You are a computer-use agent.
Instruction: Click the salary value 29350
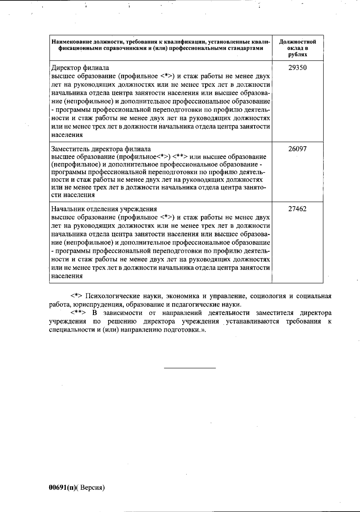[297, 68]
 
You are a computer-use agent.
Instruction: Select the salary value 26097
[297, 149]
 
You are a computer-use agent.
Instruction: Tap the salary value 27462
[297, 209]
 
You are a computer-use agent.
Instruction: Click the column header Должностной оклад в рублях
[297, 48]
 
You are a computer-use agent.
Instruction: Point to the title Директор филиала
[80, 68]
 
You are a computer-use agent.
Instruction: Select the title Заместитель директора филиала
[101, 149]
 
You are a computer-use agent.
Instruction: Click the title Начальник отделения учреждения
[104, 209]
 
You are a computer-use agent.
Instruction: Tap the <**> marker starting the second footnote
[78, 313]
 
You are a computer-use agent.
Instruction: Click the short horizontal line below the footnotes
[190, 368]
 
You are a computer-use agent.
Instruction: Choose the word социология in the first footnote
[268, 296]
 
